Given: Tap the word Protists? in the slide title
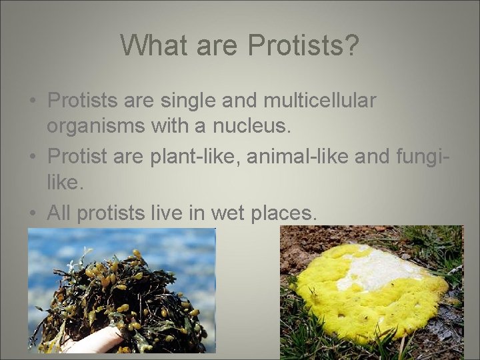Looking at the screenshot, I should (x=303, y=45).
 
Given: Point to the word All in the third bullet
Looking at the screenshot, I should (x=59, y=213).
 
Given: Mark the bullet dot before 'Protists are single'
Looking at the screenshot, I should (x=32, y=102).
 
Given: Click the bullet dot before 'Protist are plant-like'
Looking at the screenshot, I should (x=32, y=158).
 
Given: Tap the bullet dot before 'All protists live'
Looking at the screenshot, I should (x=32, y=214).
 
